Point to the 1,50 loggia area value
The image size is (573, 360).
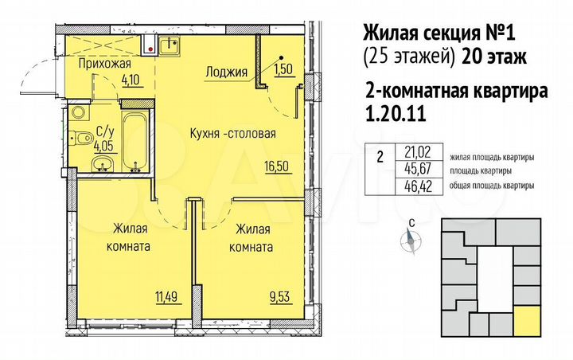tap(284, 71)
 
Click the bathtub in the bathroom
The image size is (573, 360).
tap(133, 139)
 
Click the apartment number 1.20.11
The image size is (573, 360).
tap(395, 114)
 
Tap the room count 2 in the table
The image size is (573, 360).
tap(380, 157)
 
